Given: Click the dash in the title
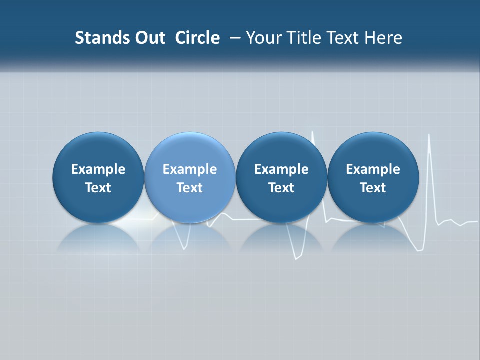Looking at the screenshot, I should [x=233, y=38].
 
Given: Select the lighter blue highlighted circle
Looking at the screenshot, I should [x=190, y=178].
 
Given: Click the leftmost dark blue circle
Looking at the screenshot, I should [x=98, y=178].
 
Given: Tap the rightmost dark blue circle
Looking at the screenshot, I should [x=373, y=178].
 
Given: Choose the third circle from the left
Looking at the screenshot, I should [x=281, y=178].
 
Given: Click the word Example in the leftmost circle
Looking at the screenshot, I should [x=98, y=169].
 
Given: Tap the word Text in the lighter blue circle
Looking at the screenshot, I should [x=190, y=188].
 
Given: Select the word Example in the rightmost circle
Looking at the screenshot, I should [x=373, y=169].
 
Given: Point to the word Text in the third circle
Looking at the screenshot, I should [x=281, y=188].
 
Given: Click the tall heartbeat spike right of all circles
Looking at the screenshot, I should [x=429, y=150].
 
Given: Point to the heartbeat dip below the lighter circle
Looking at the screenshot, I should [x=185, y=245].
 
